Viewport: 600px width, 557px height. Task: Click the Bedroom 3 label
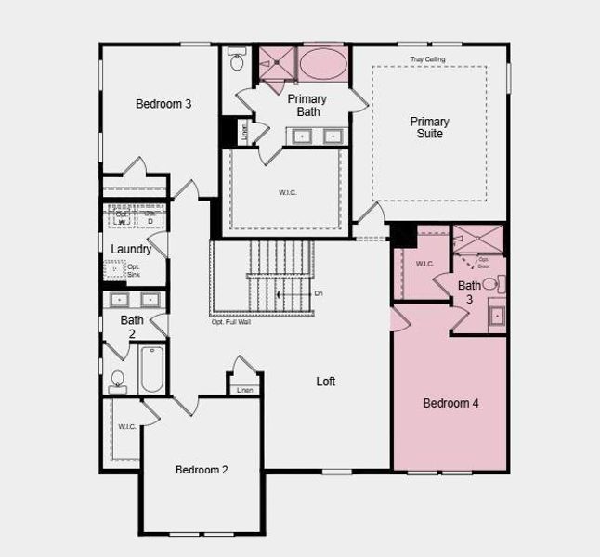[163, 104]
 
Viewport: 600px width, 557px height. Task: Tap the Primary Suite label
[429, 128]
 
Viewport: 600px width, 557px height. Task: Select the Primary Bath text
[307, 105]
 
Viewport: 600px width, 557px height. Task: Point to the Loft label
[325, 382]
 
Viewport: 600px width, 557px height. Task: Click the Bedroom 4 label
[450, 403]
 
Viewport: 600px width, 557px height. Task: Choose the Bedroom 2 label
[202, 470]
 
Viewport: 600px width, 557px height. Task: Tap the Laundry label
[131, 250]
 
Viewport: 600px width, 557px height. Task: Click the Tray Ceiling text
[428, 60]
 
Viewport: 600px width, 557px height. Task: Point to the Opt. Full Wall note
[231, 322]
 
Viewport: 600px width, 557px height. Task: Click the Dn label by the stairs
[319, 294]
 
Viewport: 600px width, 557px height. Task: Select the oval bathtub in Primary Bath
[322, 64]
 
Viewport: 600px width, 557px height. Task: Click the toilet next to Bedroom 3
[236, 61]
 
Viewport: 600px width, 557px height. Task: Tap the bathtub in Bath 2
[151, 369]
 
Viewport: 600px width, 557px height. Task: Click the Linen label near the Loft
[244, 390]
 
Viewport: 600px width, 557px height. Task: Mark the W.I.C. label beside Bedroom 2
[126, 426]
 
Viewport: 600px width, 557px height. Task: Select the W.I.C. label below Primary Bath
[288, 193]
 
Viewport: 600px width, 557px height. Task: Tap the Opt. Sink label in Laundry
[133, 270]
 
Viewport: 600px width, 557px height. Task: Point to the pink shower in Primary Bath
[276, 64]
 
